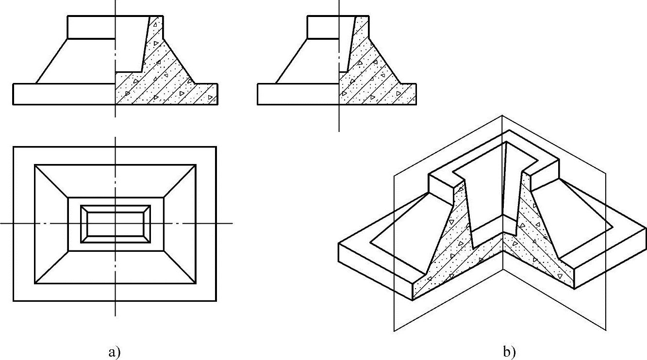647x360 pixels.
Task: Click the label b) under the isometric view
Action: (510, 352)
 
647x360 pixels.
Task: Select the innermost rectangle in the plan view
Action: (115, 224)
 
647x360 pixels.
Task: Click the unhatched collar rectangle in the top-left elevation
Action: (91, 27)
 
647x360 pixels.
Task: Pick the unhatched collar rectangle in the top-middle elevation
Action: (323, 27)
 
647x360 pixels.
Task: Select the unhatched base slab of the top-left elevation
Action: (63, 94)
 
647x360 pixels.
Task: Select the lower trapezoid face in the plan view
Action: (115, 267)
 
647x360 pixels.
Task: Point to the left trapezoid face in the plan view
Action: (51, 224)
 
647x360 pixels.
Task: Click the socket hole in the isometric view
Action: (488, 194)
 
